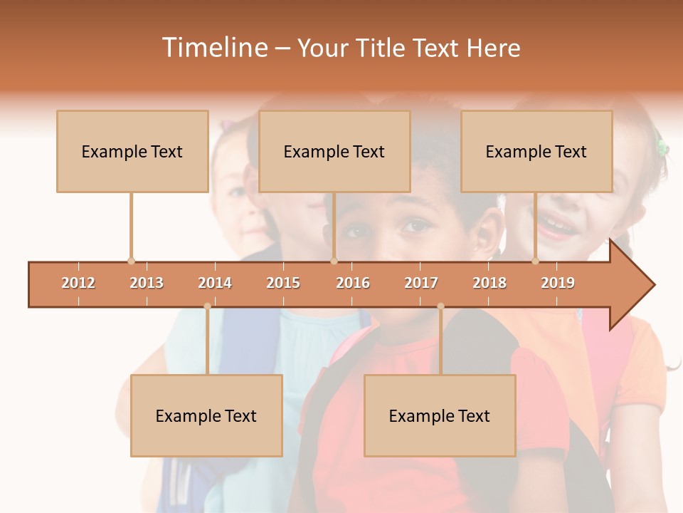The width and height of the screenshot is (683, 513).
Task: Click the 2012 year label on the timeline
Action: click(x=78, y=283)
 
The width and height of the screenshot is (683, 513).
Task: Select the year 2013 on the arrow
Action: click(x=147, y=283)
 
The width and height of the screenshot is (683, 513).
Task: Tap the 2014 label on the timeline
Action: click(x=215, y=283)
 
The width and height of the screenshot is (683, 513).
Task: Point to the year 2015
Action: click(x=283, y=283)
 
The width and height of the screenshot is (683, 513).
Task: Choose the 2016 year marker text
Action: click(x=353, y=283)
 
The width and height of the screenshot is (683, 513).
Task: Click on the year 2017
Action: click(x=421, y=283)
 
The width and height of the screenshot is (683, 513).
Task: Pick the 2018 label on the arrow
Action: click(x=489, y=283)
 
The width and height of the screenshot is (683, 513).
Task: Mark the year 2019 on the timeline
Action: click(x=558, y=283)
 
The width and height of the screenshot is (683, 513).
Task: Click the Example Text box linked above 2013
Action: click(x=132, y=151)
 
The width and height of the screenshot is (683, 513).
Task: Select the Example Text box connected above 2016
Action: click(x=334, y=151)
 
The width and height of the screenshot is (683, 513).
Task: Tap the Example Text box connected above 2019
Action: click(x=536, y=151)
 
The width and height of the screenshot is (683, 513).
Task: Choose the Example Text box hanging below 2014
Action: click(x=206, y=415)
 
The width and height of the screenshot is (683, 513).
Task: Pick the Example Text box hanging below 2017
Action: click(x=440, y=415)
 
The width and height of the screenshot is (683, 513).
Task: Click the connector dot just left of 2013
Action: click(x=131, y=261)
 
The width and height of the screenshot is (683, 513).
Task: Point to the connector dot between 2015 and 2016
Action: click(x=334, y=261)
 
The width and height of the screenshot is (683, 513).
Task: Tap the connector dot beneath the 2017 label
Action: click(x=440, y=306)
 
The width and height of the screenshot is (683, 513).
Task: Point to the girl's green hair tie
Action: click(x=662, y=147)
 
